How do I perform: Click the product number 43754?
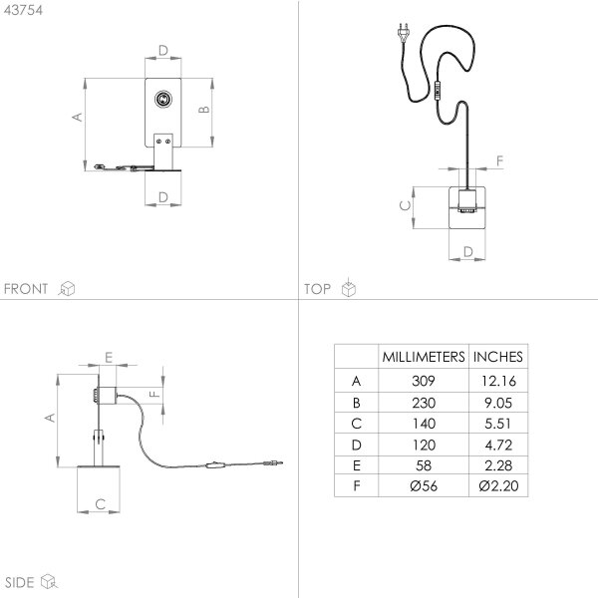23,10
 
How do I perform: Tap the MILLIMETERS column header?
424,357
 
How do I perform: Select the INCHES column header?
497,357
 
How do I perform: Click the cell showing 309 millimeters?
424,381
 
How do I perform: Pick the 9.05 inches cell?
498,403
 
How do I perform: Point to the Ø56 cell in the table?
424,486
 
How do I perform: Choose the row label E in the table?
357,465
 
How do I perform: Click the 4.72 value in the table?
498,445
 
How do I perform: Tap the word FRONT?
26,289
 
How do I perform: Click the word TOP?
317,289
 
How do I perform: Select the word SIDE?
20,582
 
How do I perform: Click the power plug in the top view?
403,33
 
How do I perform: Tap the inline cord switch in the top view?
438,91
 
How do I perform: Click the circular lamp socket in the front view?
163,99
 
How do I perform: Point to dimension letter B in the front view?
204,110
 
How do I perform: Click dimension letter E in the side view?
109,358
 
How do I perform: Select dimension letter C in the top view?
405,205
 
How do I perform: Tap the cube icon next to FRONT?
67,288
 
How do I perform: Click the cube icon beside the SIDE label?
49,581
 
